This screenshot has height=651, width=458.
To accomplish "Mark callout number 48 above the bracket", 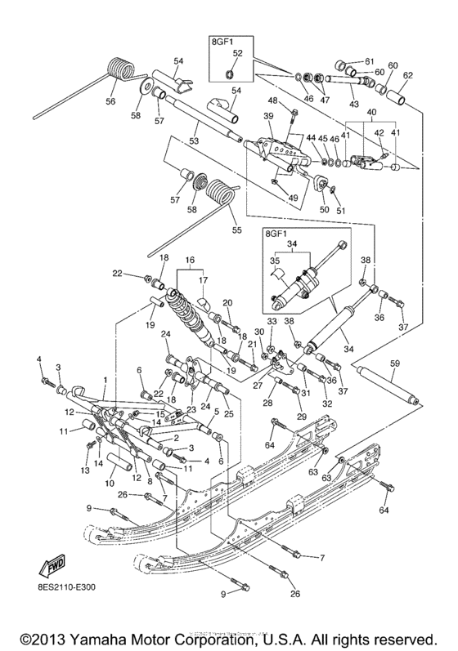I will pos(273,101).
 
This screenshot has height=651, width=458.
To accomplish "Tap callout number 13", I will pos(86,470).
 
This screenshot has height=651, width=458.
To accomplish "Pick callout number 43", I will pos(354,104).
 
